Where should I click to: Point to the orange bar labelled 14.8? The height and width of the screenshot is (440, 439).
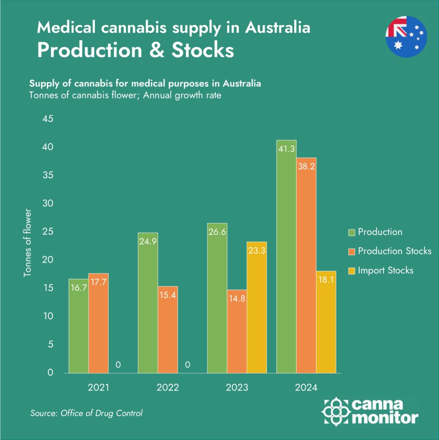(237, 331)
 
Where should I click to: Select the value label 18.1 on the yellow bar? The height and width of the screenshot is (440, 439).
(326, 280)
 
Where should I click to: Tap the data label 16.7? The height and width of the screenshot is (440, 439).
(78, 288)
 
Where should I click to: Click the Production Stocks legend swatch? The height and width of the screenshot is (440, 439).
(351, 251)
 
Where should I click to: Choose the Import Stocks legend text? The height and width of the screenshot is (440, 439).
(385, 270)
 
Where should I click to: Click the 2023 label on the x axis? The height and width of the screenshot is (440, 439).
(237, 388)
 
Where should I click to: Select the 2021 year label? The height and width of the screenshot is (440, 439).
(98, 388)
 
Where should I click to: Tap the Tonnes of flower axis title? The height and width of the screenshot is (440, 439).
(28, 243)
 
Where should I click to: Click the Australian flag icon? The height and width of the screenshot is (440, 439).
(406, 37)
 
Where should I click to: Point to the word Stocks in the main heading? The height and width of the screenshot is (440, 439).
(202, 50)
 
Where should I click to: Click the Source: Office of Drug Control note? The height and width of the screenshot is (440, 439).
(86, 413)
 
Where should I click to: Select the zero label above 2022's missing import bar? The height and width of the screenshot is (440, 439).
(187, 365)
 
